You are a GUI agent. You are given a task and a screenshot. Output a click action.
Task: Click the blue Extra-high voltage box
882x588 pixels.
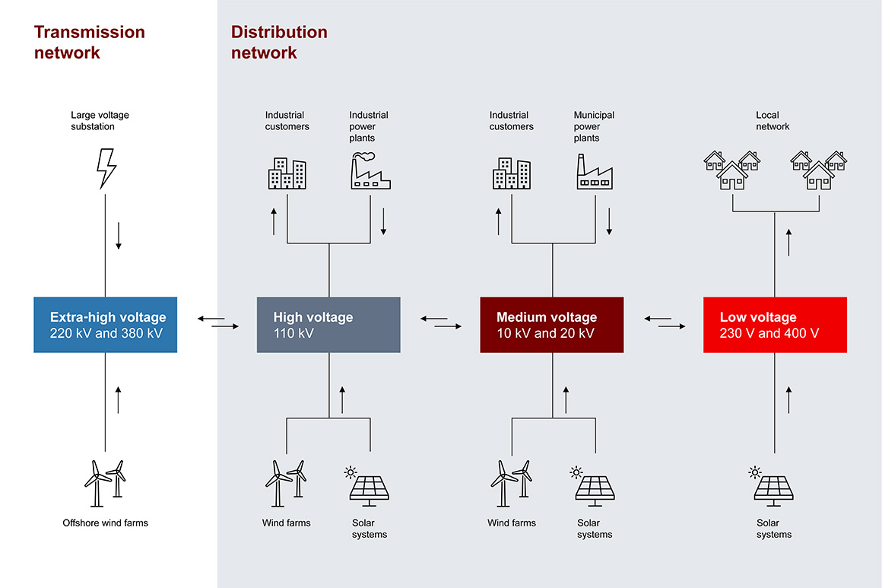106,325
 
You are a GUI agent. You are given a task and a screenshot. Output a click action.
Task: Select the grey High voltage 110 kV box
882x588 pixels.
328,325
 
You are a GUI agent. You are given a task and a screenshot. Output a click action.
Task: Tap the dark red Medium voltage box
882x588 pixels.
551,325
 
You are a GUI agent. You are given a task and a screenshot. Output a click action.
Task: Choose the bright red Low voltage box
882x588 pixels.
775,325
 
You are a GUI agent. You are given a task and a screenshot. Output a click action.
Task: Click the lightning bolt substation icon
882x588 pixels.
106,168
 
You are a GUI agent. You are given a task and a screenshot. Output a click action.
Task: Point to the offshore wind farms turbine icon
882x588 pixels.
105,483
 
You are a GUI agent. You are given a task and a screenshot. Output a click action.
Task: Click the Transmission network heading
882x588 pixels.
90,43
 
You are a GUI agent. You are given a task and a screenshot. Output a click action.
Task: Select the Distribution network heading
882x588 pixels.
279,43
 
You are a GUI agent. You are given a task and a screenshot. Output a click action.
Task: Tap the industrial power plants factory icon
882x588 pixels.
370,170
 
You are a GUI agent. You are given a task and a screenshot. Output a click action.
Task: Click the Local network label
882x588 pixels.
773,121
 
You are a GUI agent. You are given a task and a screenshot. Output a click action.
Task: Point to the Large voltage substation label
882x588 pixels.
100,121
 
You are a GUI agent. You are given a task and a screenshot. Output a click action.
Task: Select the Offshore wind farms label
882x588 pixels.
105,523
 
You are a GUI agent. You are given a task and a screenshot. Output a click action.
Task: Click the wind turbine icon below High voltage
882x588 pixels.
286,483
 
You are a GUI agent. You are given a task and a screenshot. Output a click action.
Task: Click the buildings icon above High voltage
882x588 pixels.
287,173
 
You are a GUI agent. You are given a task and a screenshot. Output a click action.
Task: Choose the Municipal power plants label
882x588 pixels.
594,126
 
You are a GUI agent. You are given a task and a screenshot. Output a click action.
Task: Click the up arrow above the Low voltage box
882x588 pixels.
788,243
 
